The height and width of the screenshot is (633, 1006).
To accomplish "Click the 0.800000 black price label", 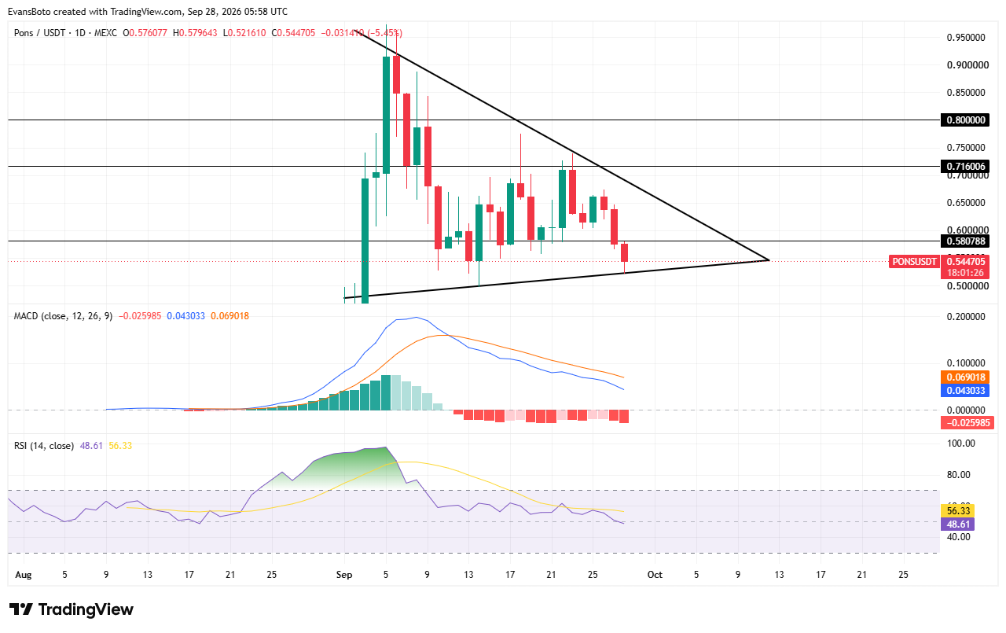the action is coord(964,120).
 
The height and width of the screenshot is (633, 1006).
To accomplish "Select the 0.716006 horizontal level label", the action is coord(964,166).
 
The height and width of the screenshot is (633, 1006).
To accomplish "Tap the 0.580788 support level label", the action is coord(964,241).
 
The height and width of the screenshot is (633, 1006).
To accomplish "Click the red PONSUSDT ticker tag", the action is coord(914,262).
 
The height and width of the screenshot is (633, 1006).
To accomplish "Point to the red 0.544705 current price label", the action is coord(965,262).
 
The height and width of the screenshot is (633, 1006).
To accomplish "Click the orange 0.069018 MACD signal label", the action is coord(965,377).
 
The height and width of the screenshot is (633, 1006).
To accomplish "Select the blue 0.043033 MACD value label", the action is coord(965,390).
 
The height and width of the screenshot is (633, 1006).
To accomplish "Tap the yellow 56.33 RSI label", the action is coord(958,511).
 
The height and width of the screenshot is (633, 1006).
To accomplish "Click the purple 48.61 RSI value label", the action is coord(958,524).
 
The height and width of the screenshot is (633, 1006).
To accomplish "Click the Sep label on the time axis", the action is coord(344,575).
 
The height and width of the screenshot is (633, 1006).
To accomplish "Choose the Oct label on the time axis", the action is coord(655,575).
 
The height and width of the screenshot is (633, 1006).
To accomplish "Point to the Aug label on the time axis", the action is coord(24,575).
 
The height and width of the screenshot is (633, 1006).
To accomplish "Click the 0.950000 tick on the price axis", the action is coord(966,37).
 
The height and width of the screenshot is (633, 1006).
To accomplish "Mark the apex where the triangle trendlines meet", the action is coord(769,260).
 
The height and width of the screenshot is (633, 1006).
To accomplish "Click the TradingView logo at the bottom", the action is coord(72,609).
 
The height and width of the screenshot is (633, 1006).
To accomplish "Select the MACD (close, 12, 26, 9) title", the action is coord(63,316).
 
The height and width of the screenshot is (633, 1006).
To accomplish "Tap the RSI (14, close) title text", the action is coord(43,446).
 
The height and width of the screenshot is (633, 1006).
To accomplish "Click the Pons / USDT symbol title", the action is coord(39,33).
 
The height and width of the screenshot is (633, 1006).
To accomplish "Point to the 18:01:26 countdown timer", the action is coord(965,273).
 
